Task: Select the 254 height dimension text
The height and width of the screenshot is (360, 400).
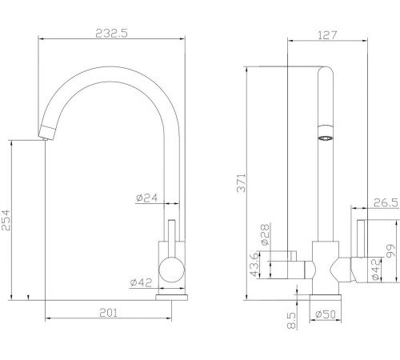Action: click(x=7, y=220)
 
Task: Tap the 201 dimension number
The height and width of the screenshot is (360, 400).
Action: click(x=110, y=312)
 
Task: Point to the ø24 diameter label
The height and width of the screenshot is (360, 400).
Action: click(x=146, y=198)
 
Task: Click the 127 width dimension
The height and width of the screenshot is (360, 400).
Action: click(x=326, y=34)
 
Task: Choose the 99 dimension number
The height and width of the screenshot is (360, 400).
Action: click(x=390, y=253)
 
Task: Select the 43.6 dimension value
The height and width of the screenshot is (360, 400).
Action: click(x=254, y=264)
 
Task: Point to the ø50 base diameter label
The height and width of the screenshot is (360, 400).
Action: click(x=325, y=314)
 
